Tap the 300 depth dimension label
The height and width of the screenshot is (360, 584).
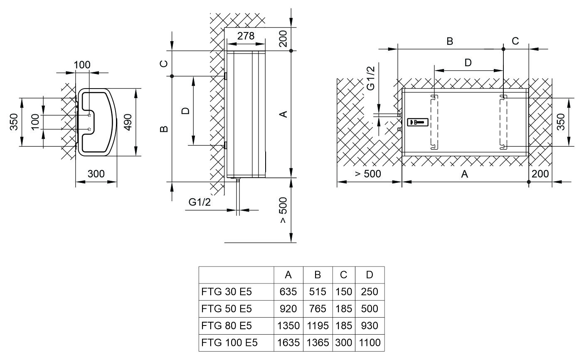[x=96, y=174]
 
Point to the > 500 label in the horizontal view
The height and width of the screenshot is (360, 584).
[x=368, y=174]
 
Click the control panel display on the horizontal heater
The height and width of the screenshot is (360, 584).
[x=418, y=122]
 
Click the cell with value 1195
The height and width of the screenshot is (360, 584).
[x=318, y=326]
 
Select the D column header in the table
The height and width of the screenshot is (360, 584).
[x=370, y=275]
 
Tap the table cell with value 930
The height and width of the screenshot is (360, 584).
[x=370, y=326]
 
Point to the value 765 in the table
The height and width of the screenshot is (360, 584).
[x=318, y=309]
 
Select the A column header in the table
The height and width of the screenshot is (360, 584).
[x=288, y=275]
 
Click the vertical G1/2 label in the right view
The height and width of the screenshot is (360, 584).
[x=372, y=78]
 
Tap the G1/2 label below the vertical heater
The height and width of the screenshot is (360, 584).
[x=200, y=202]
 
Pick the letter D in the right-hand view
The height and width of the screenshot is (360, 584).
[x=468, y=63]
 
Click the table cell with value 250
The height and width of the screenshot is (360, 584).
[x=370, y=292]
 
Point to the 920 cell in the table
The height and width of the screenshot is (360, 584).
[x=288, y=309]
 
